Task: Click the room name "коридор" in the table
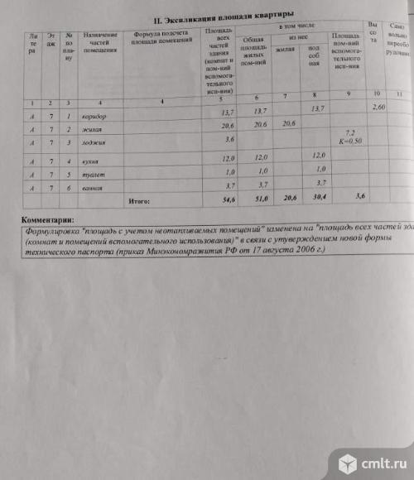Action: click(94, 117)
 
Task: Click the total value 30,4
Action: click(315, 199)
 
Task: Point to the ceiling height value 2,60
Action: click(379, 108)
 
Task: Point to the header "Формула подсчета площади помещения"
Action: click(158, 40)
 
